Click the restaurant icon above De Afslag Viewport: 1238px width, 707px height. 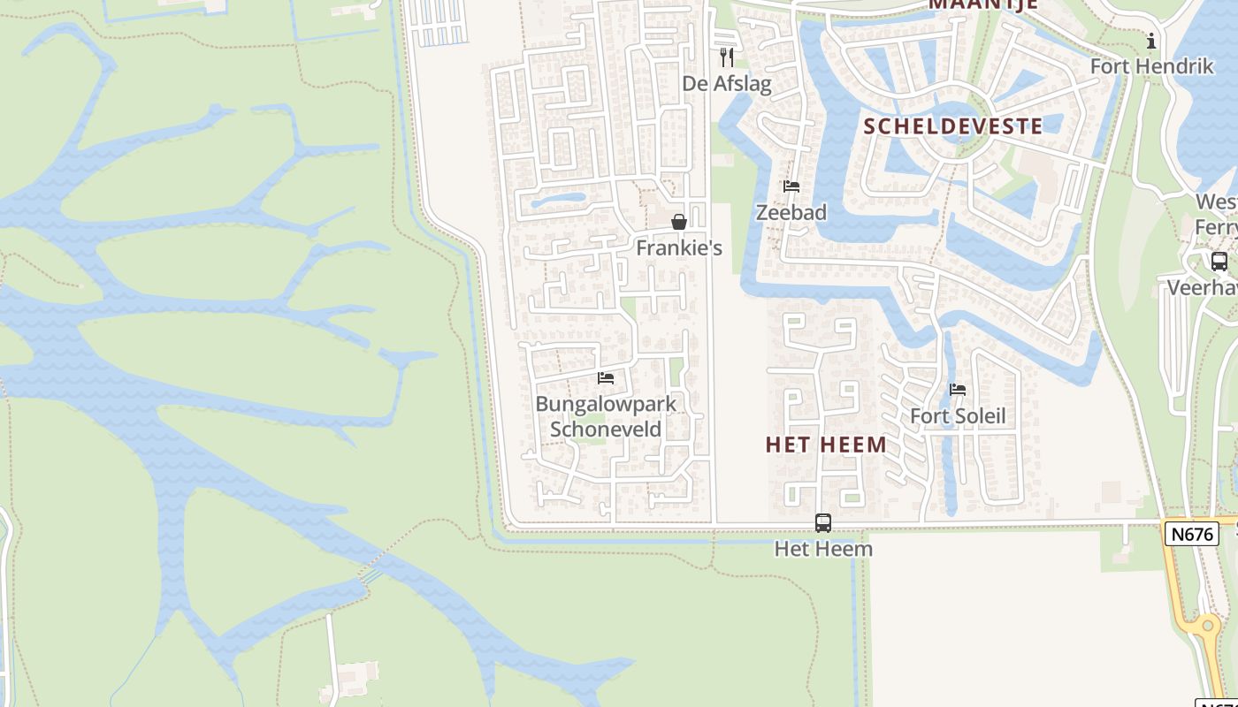point(727,57)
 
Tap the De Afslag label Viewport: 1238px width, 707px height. point(727,84)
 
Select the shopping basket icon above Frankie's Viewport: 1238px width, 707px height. point(679,222)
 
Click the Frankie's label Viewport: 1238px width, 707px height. point(679,248)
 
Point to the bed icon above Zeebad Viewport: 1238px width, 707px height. point(791,186)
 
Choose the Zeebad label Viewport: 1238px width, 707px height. point(791,212)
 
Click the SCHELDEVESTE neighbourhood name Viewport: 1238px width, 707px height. point(953,126)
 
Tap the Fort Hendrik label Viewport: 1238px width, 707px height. point(1151,66)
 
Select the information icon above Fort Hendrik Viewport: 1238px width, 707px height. point(1151,41)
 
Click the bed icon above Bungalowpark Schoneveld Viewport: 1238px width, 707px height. point(606,378)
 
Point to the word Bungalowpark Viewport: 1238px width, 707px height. point(606,405)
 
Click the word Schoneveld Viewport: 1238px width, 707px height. point(606,430)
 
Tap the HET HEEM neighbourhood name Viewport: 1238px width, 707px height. point(826,445)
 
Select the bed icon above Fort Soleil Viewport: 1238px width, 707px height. point(958,390)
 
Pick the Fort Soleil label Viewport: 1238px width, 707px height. point(958,416)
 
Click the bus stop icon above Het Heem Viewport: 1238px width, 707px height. point(823,523)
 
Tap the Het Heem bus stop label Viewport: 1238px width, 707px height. point(823,549)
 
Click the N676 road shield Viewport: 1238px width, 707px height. point(1192,534)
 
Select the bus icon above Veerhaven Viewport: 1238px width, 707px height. point(1219,262)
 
